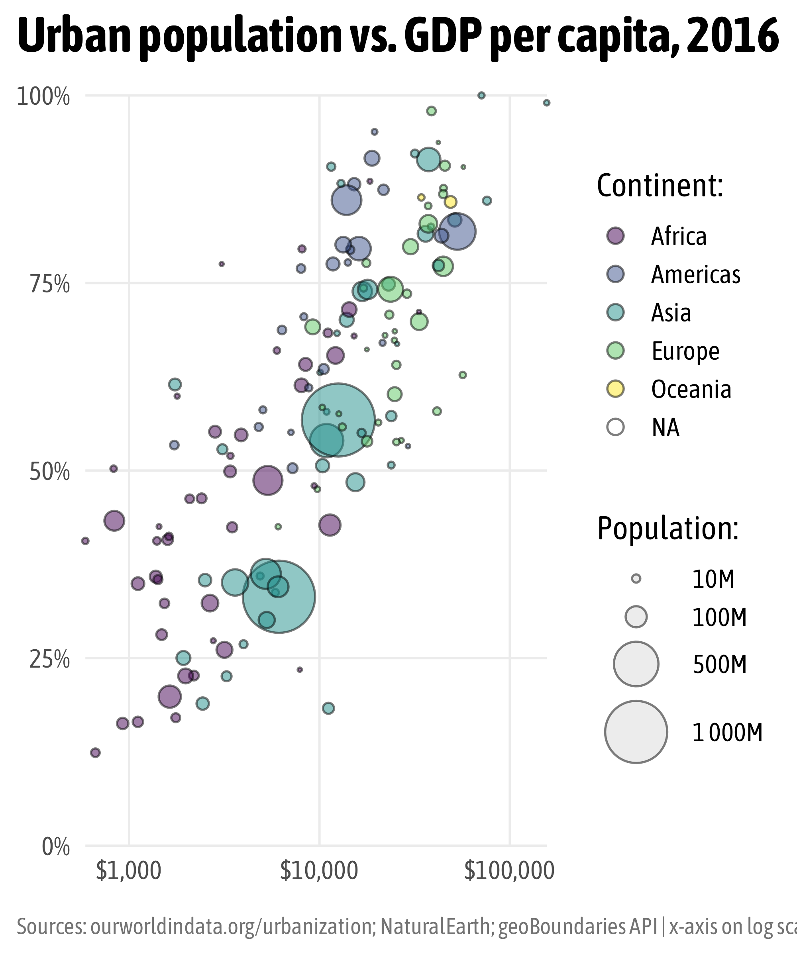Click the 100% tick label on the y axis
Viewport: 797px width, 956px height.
click(x=44, y=96)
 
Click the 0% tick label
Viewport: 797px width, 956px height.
click(x=55, y=847)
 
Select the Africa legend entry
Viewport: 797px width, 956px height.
click(x=679, y=236)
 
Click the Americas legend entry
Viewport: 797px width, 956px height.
click(x=695, y=274)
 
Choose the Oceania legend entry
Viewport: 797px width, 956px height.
click(x=691, y=389)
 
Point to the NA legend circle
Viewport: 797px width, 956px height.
click(x=616, y=427)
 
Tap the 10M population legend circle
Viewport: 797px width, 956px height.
click(x=636, y=579)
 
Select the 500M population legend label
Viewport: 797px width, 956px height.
click(x=720, y=665)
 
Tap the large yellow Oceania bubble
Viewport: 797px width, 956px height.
click(x=450, y=202)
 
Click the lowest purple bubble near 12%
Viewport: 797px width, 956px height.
click(x=95, y=752)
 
